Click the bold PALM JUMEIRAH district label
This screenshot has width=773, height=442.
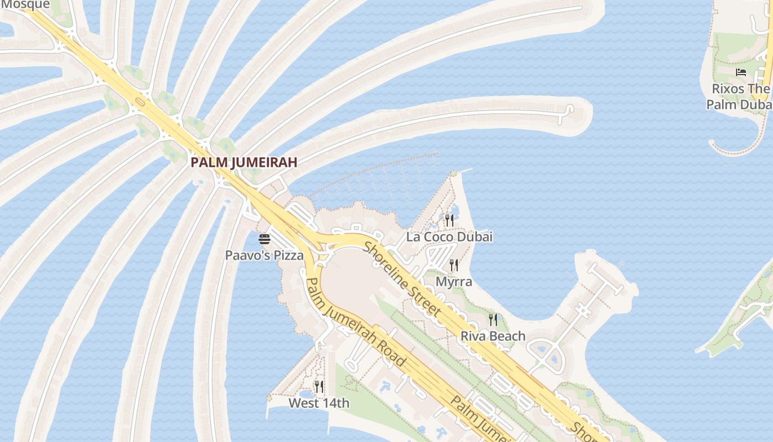pos(244,162)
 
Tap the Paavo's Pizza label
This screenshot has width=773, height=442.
pos(264,255)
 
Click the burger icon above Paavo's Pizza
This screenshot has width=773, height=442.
pos(264,239)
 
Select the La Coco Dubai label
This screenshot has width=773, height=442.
pos(449,237)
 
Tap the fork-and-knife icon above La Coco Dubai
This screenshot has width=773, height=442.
pos(449,220)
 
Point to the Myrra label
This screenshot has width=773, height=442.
pos(454,282)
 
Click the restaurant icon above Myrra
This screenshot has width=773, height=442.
pos(454,265)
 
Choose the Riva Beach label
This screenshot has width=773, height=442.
pos(493,336)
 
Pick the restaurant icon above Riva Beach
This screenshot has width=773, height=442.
pos(493,319)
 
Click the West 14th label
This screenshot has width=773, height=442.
pos(319,403)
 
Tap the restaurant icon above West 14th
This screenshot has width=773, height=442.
pos(319,386)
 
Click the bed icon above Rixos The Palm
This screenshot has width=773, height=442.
pos(740,72)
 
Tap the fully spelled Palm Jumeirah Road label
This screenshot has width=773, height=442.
pos(356,323)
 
